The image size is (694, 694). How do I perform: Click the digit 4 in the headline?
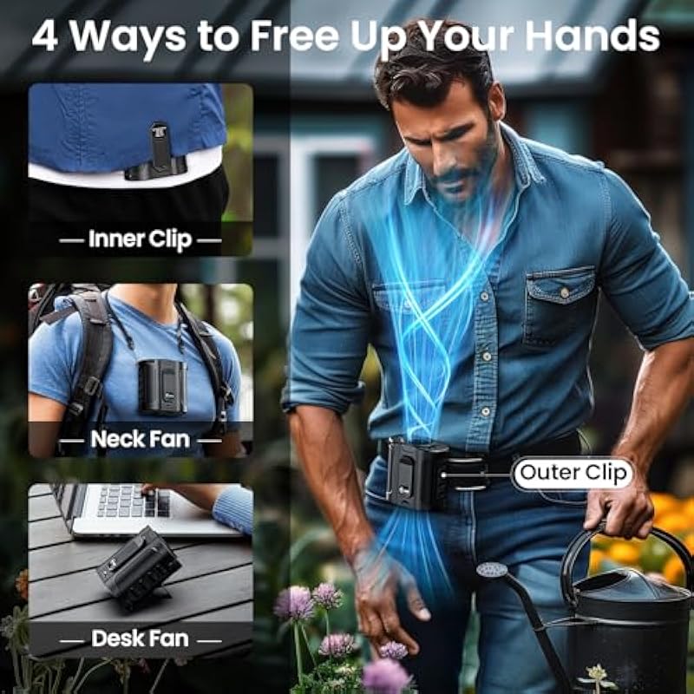click(x=45, y=36)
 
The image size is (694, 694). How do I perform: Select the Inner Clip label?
click(x=140, y=239)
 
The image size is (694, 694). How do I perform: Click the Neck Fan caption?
click(x=140, y=439)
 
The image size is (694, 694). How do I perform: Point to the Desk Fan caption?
click(x=140, y=638)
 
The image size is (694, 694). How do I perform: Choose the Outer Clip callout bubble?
click(x=573, y=473)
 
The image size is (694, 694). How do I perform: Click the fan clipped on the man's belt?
click(x=416, y=475)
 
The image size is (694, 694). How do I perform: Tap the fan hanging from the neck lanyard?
click(x=162, y=386)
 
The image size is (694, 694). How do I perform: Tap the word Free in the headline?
click(x=295, y=36)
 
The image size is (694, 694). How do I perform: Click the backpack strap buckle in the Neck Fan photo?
click(x=91, y=386)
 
